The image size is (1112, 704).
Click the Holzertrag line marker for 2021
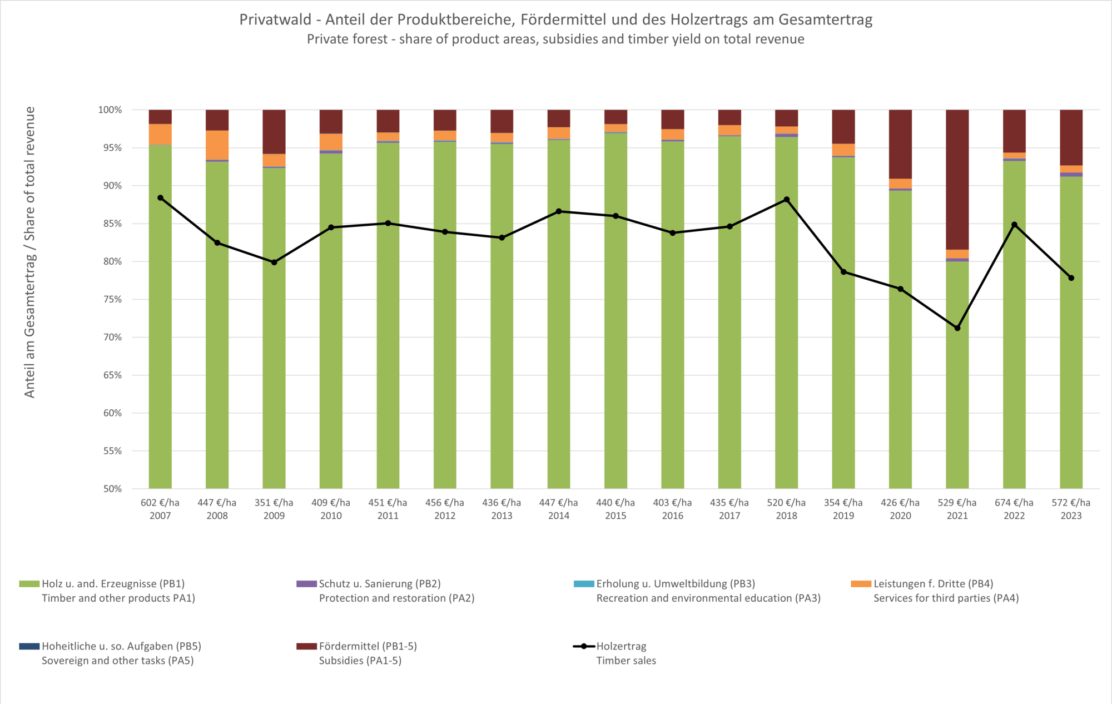[957, 328]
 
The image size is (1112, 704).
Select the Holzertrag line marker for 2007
[160, 198]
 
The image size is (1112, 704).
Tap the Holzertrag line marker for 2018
[786, 200]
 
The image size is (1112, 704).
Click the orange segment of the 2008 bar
[217, 145]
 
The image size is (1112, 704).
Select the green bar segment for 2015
[615, 311]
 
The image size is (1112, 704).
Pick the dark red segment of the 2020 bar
[900, 144]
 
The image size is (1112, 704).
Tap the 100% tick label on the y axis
[110, 110]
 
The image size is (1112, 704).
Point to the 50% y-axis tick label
[112, 489]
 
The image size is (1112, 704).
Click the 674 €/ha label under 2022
[1014, 503]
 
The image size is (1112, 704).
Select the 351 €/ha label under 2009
[274, 503]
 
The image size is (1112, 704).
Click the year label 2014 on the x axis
[559, 516]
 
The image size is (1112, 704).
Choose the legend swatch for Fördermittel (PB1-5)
[306, 646]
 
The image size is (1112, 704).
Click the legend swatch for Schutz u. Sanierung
[306, 584]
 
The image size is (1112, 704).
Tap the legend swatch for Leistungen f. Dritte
[861, 584]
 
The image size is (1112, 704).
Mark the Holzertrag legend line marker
[584, 646]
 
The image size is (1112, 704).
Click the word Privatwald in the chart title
[275, 19]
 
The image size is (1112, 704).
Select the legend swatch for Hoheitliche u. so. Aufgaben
[29, 646]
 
